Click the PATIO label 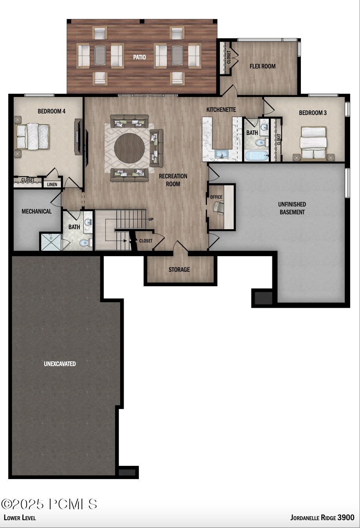(x=139, y=57)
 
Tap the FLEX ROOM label (x=263, y=66)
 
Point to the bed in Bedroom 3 (x=313, y=143)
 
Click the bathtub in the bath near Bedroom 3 (x=257, y=156)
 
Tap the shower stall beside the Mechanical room (x=51, y=242)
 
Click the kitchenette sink (x=222, y=153)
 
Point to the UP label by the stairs (x=151, y=219)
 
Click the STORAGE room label (x=179, y=269)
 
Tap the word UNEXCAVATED (x=60, y=364)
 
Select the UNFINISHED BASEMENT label (x=292, y=208)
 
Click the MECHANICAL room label (x=36, y=211)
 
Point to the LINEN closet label (x=52, y=184)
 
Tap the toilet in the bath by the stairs (x=84, y=243)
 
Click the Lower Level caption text (x=20, y=518)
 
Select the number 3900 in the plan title (x=346, y=517)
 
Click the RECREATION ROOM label (x=173, y=180)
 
